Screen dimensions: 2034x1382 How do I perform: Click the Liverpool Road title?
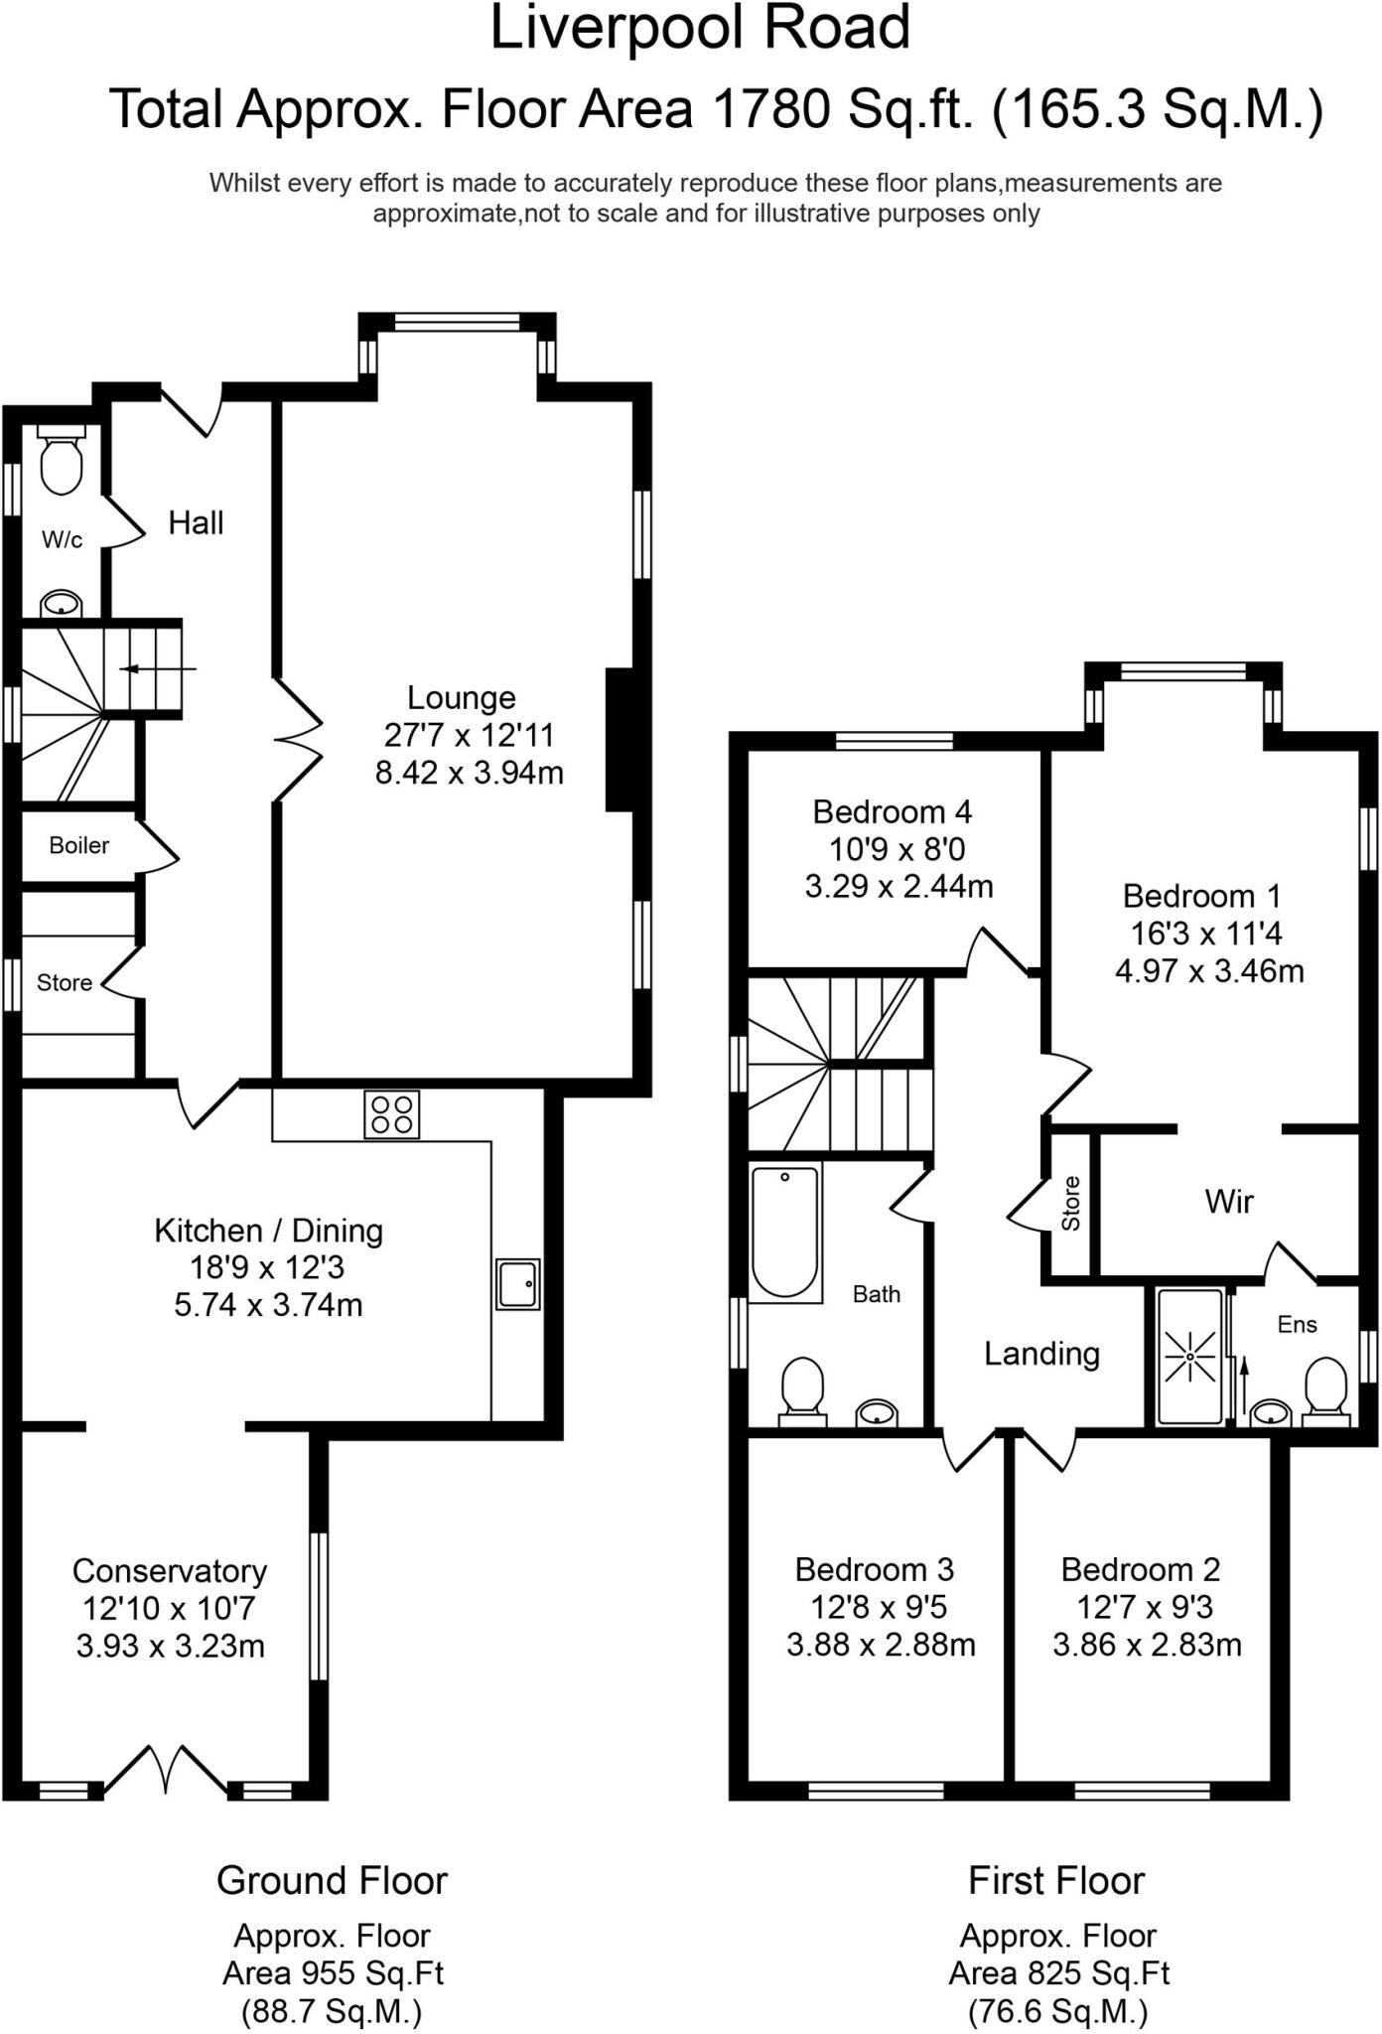pos(700,28)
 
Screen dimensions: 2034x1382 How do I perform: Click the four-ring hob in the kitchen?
pos(391,1113)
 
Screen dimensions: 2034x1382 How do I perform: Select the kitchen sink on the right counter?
pos(517,1284)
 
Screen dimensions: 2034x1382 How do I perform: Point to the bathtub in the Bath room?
pos(784,1233)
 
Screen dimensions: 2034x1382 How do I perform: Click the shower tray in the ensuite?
pos(1187,1356)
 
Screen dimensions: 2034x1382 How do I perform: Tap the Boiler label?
pos(78,845)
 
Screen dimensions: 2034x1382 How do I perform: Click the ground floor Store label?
pos(64,982)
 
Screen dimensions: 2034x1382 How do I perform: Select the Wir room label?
pos(1228,1202)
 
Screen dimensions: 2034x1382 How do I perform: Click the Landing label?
pos(1041,1354)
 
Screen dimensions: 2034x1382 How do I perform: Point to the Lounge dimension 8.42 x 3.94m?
pos(469,773)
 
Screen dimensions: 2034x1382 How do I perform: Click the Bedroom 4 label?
pos(892,811)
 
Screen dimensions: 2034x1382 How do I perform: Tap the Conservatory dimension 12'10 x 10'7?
pos(170,1608)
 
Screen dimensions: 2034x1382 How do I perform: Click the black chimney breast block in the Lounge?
pos(620,740)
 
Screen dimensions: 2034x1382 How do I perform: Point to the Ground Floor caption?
pos(332,1880)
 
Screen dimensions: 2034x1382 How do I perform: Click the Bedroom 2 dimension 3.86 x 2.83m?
pos(1147,1645)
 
